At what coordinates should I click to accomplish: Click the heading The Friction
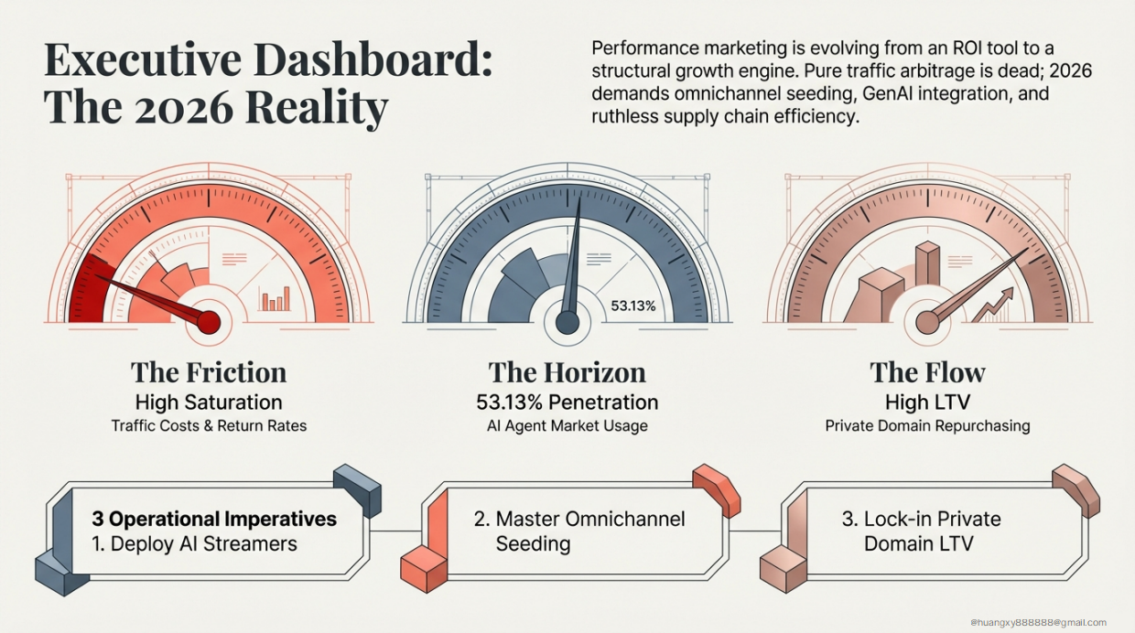(209, 372)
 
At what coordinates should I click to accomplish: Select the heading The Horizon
(567, 372)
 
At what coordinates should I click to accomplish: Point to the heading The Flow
(927, 372)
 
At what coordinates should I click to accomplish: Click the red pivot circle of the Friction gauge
(209, 321)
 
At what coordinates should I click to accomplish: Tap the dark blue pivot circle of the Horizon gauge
(567, 322)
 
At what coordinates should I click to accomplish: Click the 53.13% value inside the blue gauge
(632, 306)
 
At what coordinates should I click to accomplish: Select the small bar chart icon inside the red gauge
(275, 299)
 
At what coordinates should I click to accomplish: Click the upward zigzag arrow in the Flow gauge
(993, 305)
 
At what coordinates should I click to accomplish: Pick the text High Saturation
(209, 402)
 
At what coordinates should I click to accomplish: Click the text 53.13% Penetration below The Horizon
(567, 402)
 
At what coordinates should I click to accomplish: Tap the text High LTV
(927, 402)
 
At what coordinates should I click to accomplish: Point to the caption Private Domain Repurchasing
(927, 425)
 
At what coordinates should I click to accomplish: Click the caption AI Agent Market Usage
(567, 425)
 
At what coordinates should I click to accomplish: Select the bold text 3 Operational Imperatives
(214, 520)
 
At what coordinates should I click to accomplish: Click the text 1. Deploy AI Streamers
(194, 543)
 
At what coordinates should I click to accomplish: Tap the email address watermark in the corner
(1039, 623)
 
